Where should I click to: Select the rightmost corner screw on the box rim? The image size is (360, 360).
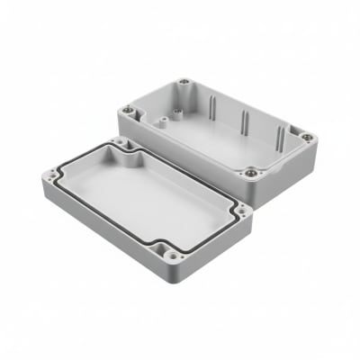tap(306, 138)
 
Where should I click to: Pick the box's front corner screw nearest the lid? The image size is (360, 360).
tap(250, 171)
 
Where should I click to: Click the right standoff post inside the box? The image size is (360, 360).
tap(180, 112)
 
